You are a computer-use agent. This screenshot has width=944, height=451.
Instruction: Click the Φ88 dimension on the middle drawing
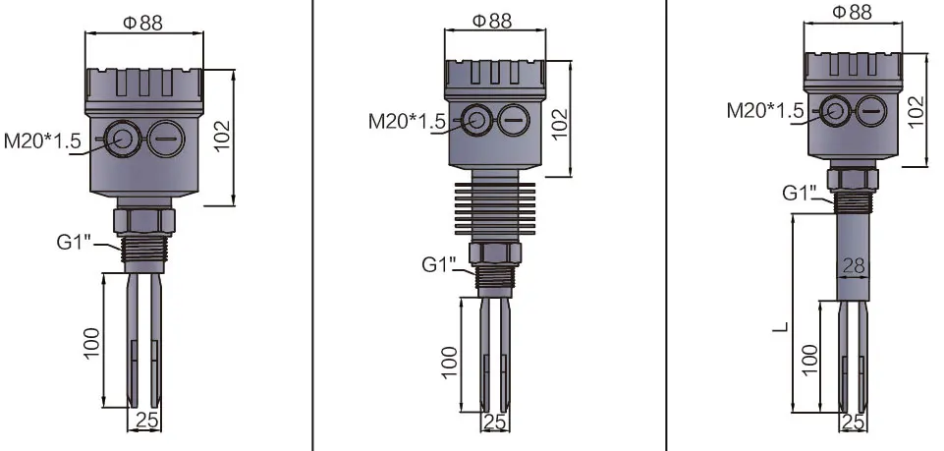(x=491, y=21)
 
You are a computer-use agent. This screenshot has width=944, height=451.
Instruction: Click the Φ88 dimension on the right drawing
(x=852, y=12)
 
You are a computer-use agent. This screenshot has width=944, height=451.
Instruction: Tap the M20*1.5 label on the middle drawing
(x=407, y=121)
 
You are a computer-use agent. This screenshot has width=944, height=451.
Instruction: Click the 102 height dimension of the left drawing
(x=223, y=138)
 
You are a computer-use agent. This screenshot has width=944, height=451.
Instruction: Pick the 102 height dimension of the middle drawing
(x=559, y=120)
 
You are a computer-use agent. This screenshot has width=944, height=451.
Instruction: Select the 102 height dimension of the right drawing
(x=916, y=109)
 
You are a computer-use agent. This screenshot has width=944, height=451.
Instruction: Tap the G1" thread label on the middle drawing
(x=440, y=264)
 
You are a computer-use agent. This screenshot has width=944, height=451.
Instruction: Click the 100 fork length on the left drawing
(x=91, y=340)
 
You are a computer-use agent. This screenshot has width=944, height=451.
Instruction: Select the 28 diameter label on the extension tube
(x=853, y=265)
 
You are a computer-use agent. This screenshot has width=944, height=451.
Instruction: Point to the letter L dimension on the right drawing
(x=779, y=322)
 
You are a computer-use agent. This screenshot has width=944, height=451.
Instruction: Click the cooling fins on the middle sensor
(x=493, y=208)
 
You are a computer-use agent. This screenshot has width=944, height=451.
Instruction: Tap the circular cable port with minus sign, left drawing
(x=164, y=141)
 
